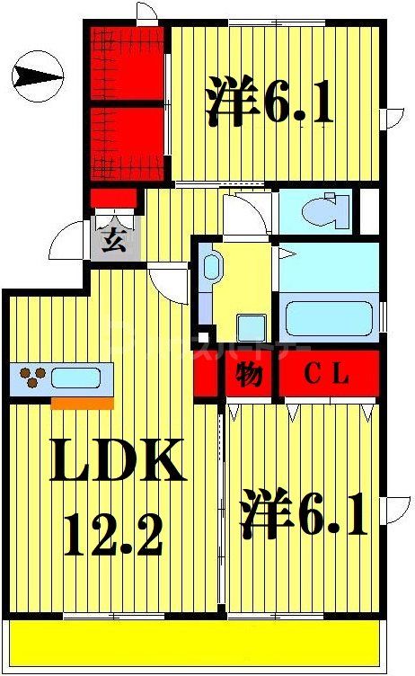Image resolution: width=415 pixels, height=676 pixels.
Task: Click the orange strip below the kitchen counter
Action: point(82,403)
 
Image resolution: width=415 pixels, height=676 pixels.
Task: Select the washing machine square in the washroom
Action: point(250,326)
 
